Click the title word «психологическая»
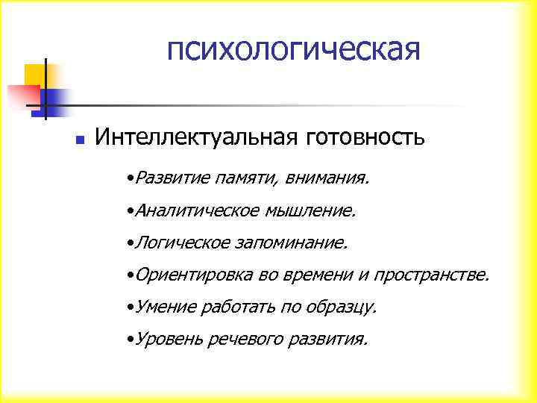(294, 51)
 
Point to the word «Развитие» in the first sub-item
(172, 179)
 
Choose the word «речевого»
(242, 340)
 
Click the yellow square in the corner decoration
(35, 75)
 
